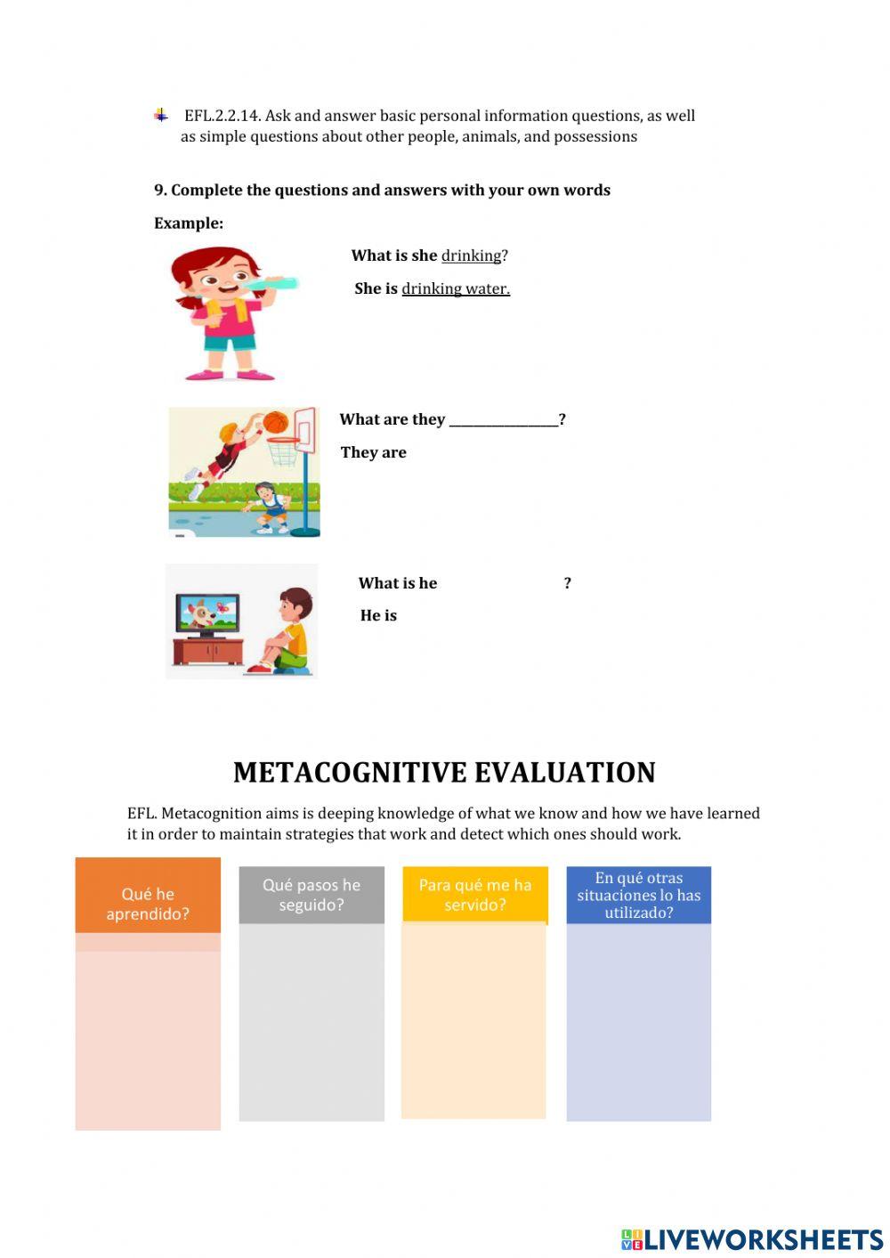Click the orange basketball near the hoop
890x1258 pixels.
(x=275, y=422)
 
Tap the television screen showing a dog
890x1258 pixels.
(x=206, y=613)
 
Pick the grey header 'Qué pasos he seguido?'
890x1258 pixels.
(x=311, y=894)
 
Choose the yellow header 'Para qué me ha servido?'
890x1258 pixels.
(x=475, y=894)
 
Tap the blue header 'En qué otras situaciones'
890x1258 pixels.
(x=639, y=895)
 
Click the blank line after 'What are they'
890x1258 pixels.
(x=504, y=420)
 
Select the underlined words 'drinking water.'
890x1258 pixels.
(x=456, y=288)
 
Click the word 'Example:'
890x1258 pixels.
(x=189, y=223)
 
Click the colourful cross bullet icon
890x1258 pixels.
(x=161, y=115)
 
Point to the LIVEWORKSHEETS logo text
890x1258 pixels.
(x=763, y=1238)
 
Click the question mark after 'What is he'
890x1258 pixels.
(x=568, y=583)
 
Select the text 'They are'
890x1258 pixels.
(x=373, y=452)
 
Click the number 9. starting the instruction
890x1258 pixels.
(x=160, y=190)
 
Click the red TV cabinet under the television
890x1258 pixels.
(x=207, y=651)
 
